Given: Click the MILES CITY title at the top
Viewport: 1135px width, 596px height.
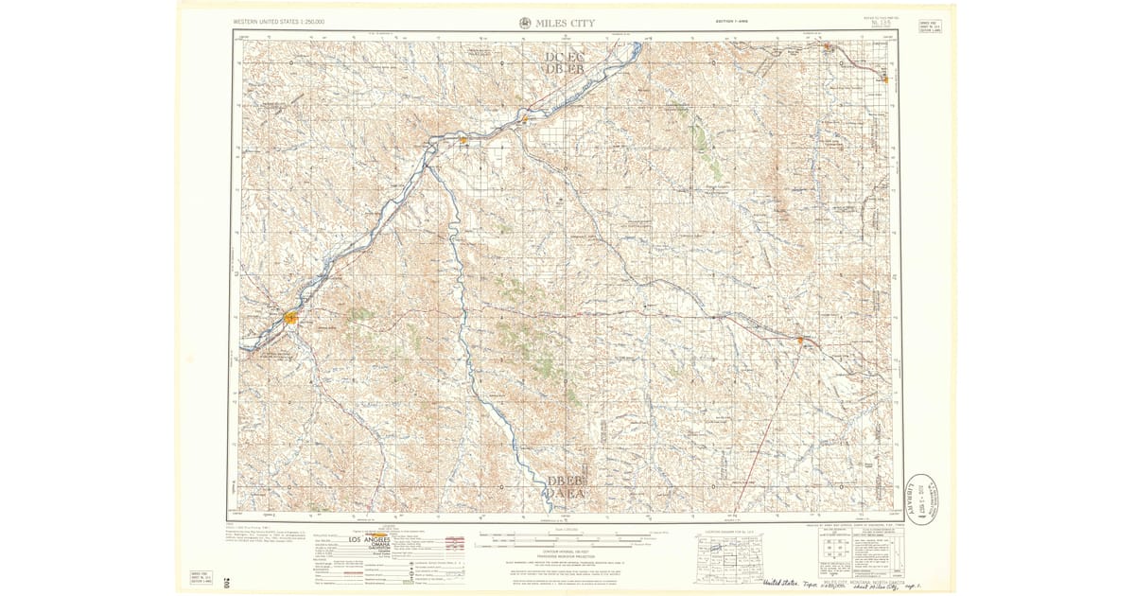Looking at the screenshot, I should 566,23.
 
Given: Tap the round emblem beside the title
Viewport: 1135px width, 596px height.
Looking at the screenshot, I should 525,23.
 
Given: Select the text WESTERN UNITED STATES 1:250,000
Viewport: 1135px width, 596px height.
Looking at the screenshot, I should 278,21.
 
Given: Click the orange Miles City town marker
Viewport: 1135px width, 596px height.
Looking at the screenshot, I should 290,318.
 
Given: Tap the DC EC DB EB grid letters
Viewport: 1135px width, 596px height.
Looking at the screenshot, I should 566,63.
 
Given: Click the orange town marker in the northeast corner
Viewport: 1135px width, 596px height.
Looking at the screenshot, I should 828,46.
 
